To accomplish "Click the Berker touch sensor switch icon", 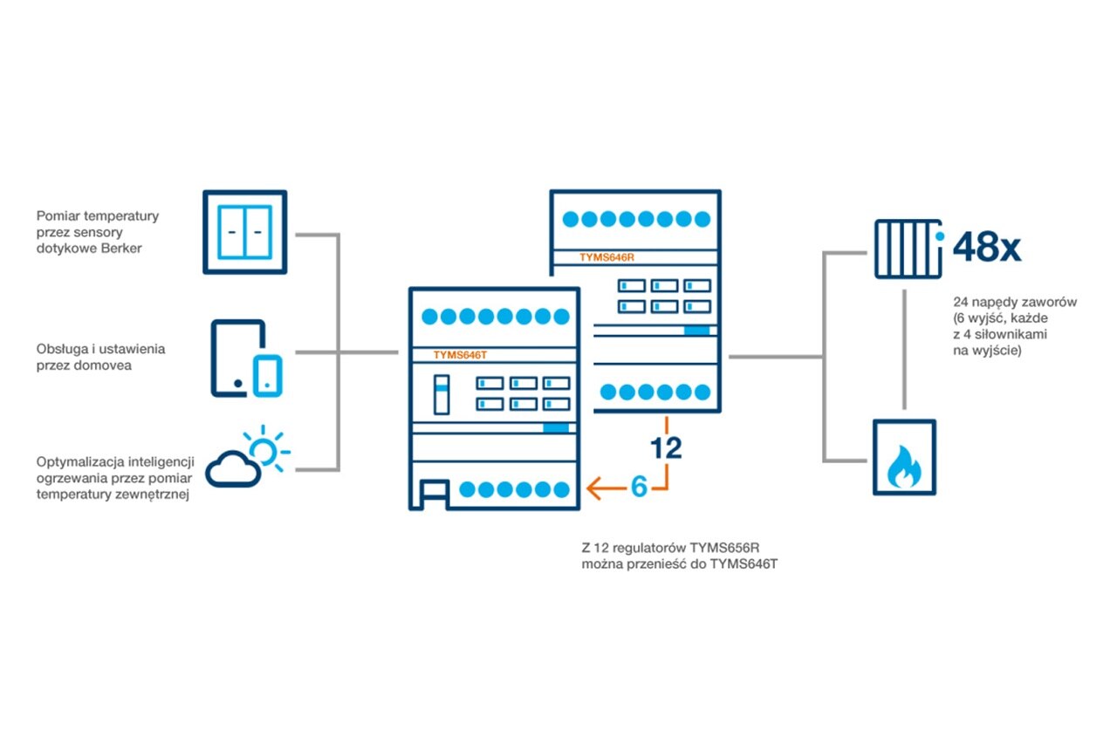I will coord(244,232).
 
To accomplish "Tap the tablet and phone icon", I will coord(247,359).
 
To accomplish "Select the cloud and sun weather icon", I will coord(248,457).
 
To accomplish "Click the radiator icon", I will coord(908,249).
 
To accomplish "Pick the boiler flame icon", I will coord(904,458).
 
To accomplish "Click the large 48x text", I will coord(987,248).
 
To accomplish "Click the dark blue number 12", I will coord(667,447).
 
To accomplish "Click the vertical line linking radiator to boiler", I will coord(904,349).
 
